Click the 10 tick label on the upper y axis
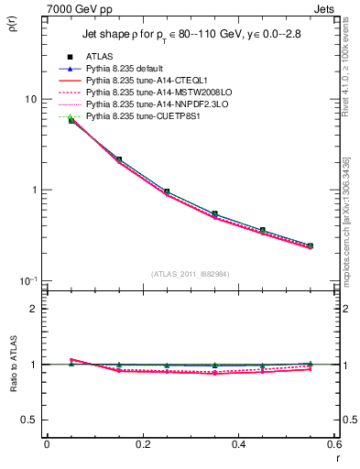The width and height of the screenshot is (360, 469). pos(29,99)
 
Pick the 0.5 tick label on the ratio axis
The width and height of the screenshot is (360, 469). pos(29,420)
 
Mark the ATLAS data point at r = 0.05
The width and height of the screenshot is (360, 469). pos(71,120)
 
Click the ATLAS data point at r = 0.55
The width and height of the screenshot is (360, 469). pos(310,245)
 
